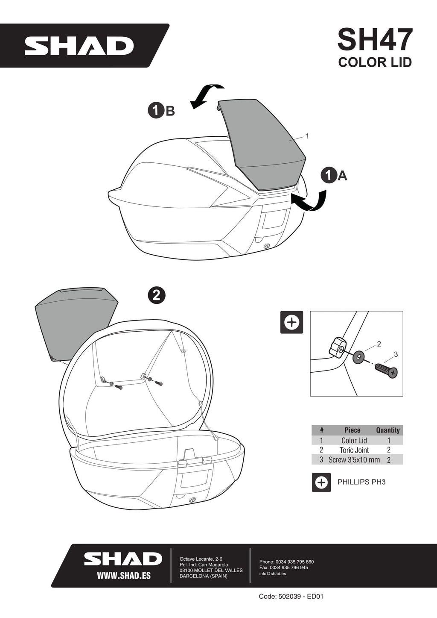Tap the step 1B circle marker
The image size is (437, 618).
tap(156, 111)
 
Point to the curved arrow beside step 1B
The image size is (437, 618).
tap(205, 94)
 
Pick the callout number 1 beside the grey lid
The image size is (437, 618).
tap(307, 136)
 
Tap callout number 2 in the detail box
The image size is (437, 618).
tap(379, 344)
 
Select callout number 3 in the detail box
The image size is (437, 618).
tap(396, 354)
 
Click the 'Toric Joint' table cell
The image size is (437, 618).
tap(354, 450)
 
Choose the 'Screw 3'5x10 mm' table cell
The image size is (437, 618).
tap(354, 459)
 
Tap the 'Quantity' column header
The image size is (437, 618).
tap(387, 430)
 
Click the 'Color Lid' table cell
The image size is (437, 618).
tap(354, 440)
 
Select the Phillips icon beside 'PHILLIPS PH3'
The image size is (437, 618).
tap(321, 482)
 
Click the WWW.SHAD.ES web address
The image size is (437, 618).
tap(124, 576)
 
